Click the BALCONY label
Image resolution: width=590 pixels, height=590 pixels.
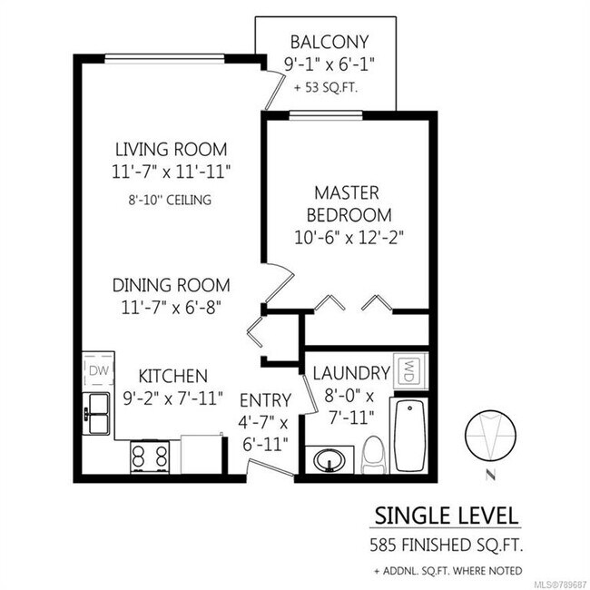pyautogui.click(x=328, y=42)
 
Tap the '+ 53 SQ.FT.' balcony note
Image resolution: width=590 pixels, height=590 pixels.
pyautogui.click(x=327, y=88)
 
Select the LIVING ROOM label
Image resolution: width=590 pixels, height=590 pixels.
pyautogui.click(x=171, y=149)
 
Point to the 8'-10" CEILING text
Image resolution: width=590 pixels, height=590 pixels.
pyautogui.click(x=171, y=199)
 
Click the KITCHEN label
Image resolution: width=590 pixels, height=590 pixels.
pyautogui.click(x=172, y=375)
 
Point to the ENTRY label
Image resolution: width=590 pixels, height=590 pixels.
pyautogui.click(x=265, y=399)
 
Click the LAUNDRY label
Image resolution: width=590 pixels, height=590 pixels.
pyautogui.click(x=350, y=372)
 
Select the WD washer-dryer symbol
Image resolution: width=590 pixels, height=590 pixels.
pyautogui.click(x=409, y=371)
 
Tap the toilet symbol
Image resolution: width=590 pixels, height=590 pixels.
pyautogui.click(x=372, y=454)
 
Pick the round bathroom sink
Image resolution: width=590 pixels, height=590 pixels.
pyautogui.click(x=329, y=461)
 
